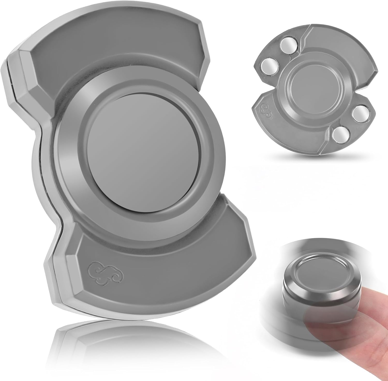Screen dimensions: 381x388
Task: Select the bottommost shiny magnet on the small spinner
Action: click(340, 134)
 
